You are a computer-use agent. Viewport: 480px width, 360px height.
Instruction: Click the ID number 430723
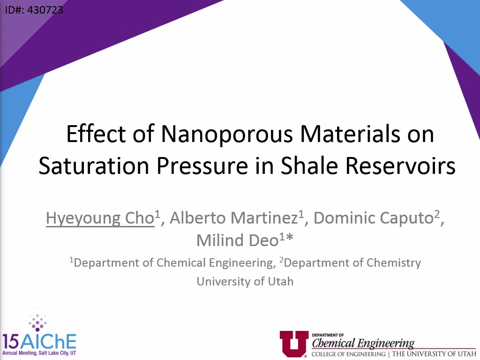[45, 10]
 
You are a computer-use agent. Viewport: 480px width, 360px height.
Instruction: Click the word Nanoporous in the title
[227, 134]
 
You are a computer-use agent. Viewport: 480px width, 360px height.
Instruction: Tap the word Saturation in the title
[94, 165]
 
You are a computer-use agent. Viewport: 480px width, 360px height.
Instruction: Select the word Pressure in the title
[202, 165]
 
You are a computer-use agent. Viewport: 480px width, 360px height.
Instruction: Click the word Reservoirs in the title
[400, 165]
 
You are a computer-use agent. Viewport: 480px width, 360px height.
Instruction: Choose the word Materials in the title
[350, 134]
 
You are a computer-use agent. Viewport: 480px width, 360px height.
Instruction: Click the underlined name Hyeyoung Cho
[100, 218]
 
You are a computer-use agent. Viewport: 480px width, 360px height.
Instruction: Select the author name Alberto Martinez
[234, 217]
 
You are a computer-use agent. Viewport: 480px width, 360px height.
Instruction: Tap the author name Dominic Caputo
[374, 218]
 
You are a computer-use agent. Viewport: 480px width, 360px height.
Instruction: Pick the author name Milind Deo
[237, 240]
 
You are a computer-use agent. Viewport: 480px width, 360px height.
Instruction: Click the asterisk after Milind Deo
[290, 238]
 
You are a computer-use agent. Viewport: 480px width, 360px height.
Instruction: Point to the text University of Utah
[245, 281]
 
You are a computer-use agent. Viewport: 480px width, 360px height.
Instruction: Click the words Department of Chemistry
[352, 263]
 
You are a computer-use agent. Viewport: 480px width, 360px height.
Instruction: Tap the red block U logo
[294, 344]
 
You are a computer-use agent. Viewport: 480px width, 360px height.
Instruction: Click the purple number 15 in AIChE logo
[11, 341]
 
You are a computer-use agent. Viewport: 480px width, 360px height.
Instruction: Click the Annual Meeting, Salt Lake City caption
[39, 353]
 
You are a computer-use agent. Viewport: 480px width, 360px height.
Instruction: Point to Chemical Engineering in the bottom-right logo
[363, 343]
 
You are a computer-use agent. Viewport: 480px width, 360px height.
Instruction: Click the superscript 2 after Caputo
[437, 213]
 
